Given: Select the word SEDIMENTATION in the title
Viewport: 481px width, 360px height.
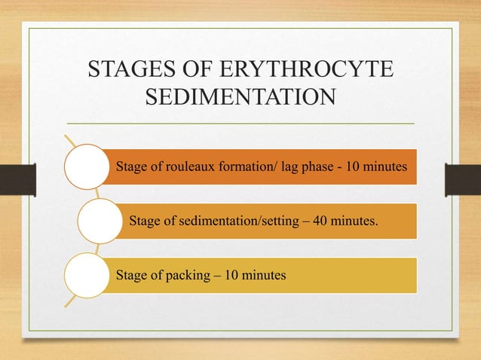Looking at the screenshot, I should [240, 98].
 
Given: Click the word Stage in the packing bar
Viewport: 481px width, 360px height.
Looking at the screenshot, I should [133, 276].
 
